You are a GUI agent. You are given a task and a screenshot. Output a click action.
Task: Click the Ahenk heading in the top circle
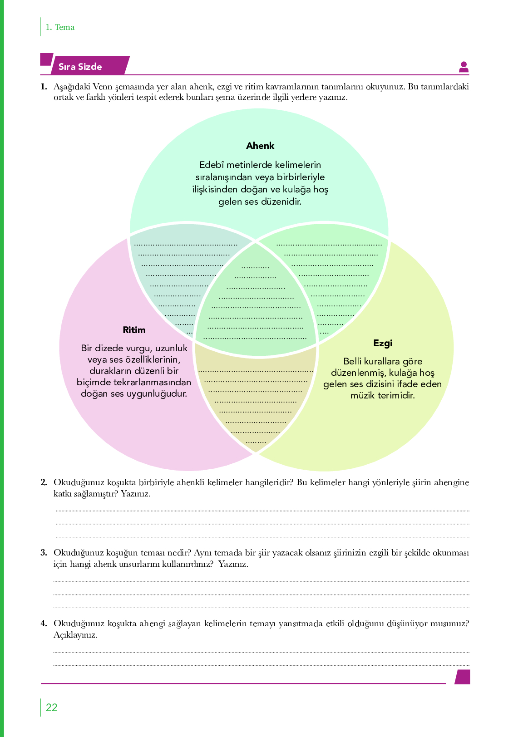tap(260, 146)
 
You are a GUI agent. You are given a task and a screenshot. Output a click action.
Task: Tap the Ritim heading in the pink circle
tap(134, 330)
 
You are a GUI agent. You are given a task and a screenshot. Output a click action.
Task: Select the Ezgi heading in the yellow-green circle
tap(383, 344)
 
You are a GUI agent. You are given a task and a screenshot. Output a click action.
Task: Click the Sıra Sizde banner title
tap(80, 67)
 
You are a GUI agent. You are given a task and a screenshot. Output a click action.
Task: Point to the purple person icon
tap(464, 67)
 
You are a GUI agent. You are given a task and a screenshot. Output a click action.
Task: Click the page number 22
tap(52, 708)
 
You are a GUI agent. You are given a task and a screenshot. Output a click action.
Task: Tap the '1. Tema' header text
tap(60, 27)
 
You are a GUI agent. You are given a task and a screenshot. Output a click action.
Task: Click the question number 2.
tap(44, 482)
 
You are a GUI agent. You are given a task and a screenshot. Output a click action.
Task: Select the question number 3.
tap(44, 553)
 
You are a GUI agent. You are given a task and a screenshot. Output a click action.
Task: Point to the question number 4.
tap(44, 624)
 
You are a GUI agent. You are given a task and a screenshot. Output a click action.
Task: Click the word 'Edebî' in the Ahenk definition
tap(211, 165)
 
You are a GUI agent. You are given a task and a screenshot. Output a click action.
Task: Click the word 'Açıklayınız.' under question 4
tap(75, 635)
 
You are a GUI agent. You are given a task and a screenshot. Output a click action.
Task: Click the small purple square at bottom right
tap(463, 677)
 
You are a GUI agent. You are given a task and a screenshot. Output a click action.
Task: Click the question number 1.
tap(44, 87)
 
